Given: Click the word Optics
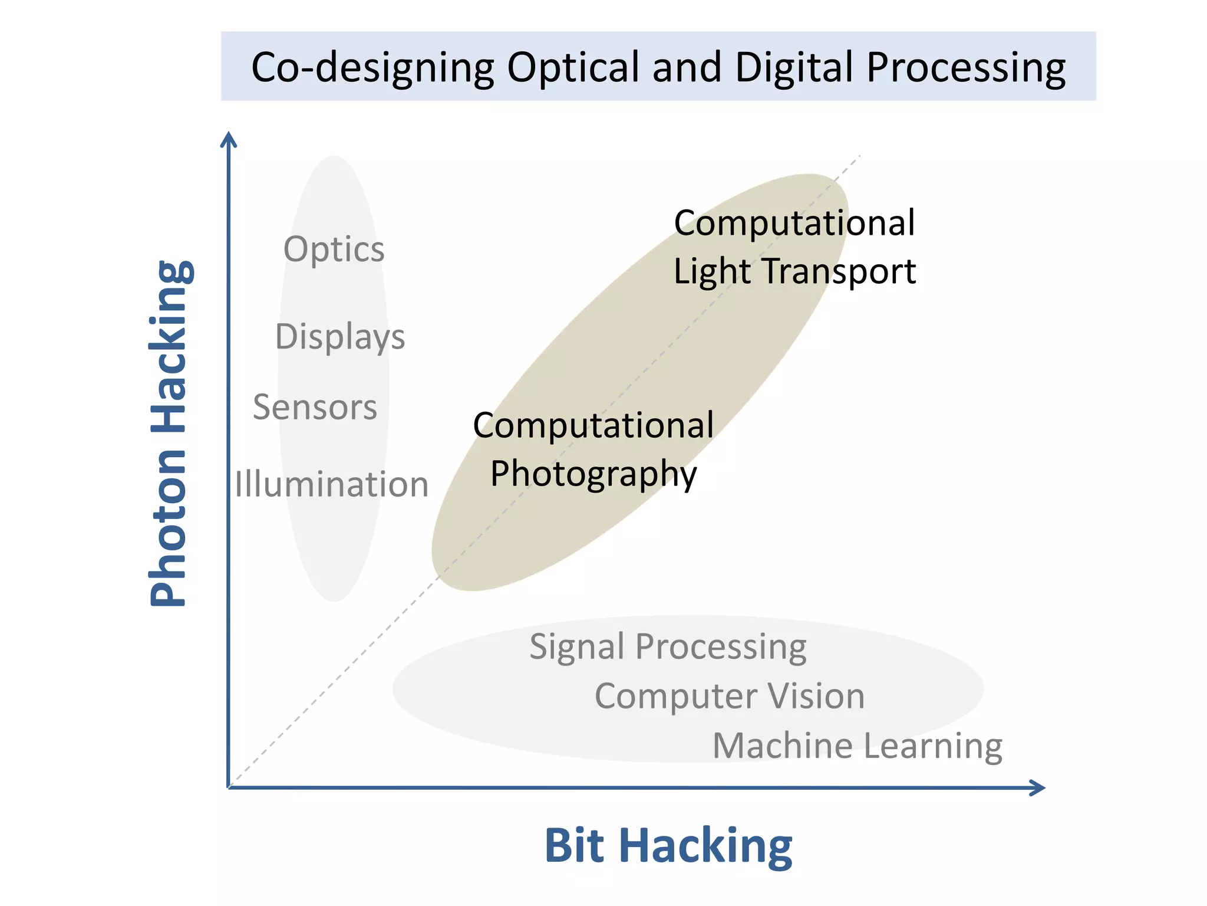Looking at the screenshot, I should (334, 250).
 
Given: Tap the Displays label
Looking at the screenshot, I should (340, 337).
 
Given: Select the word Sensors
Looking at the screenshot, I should (315, 407).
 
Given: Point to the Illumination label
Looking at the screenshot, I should (331, 484).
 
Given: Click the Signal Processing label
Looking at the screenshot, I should (668, 647).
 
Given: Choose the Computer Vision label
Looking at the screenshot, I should (730, 696).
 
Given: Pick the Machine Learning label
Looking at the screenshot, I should (858, 746).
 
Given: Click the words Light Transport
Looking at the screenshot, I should (794, 271).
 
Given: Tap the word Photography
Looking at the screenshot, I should (593, 474).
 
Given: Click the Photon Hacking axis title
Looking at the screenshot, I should (169, 434).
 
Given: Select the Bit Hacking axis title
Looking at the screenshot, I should (668, 845).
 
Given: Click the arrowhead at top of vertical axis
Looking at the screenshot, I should (229, 139).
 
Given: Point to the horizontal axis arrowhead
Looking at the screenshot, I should (1038, 787).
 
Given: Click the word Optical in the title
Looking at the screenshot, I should (573, 67).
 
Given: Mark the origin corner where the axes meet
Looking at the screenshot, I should (229, 787).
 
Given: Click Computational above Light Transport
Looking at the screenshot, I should (794, 223).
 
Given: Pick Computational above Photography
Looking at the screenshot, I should (593, 425).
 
